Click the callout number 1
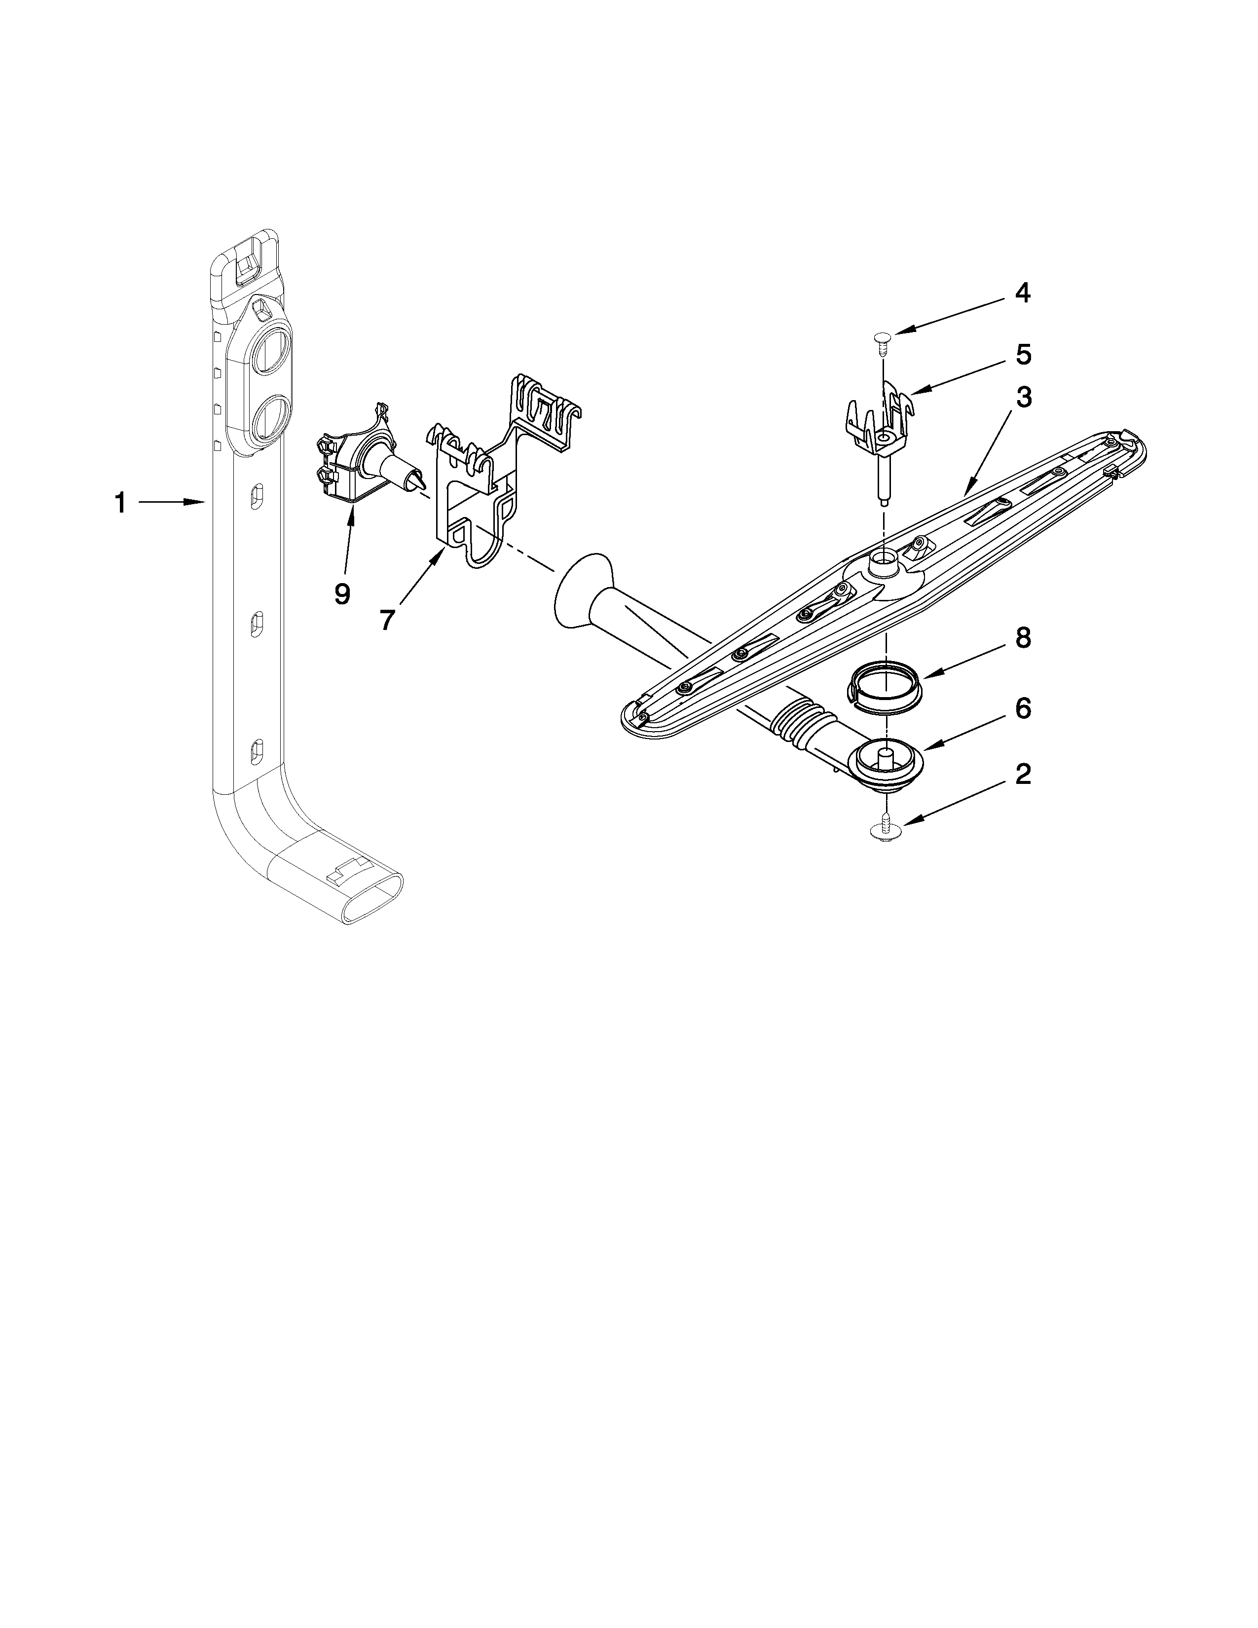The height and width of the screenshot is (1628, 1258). [119, 503]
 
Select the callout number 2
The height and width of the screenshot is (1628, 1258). [1023, 775]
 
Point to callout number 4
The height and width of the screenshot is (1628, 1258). [1023, 293]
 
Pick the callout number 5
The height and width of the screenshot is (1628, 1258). [1023, 355]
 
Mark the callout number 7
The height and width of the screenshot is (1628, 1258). [386, 620]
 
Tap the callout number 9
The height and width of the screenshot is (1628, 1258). [341, 594]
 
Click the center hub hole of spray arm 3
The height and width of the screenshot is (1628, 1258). [884, 558]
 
